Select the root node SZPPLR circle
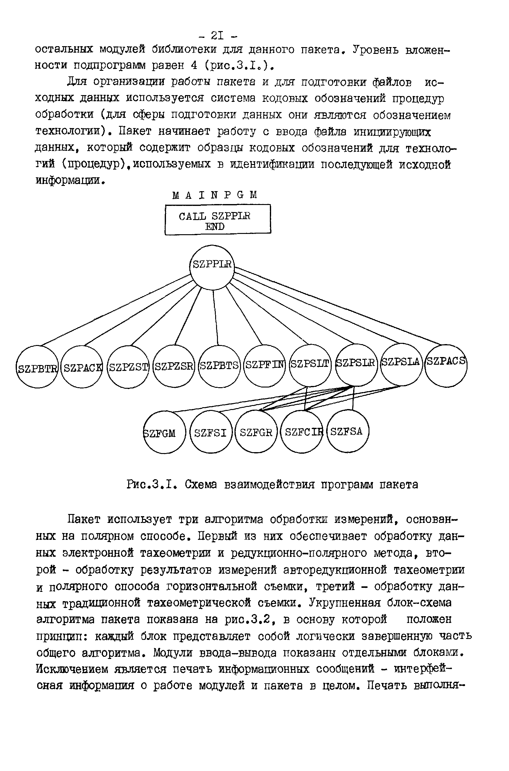212,267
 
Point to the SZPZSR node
174,367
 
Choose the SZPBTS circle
219,366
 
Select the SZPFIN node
265,366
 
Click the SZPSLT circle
310,365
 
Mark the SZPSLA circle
401,364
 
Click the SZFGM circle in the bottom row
164,432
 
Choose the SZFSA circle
348,431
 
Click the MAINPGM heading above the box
215,195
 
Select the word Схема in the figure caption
200,485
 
